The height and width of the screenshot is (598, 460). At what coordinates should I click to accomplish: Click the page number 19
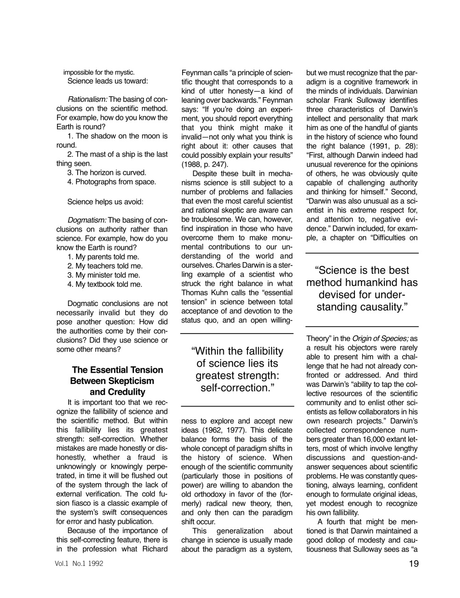(413, 564)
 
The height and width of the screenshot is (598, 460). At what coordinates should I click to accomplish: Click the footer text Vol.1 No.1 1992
(79, 564)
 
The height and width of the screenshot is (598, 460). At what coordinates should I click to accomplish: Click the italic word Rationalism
(88, 100)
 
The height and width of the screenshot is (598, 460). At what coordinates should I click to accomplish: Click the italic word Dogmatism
(87, 220)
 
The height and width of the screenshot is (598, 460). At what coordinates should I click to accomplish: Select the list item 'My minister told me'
(104, 275)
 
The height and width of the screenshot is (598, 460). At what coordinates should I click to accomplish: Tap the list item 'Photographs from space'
(112, 182)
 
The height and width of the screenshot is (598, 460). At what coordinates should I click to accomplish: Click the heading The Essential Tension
(118, 370)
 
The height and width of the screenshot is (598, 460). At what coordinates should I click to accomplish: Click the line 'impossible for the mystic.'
(99, 72)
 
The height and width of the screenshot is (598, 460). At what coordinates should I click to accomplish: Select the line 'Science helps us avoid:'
(105, 202)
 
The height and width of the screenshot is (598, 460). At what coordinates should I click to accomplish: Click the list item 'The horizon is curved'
(107, 172)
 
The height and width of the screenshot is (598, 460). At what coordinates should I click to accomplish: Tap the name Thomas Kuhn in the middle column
(204, 292)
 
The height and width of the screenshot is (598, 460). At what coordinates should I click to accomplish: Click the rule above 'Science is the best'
(362, 253)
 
